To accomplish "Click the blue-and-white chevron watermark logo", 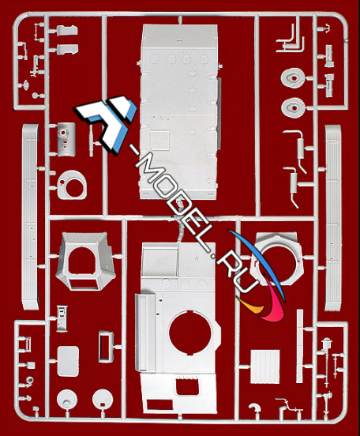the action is pos(106,122).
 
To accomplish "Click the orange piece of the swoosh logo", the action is pos(250,303).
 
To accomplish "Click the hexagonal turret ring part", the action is pos(276,259).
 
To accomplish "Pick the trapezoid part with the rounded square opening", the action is pos(85,261).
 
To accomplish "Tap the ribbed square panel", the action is pos(265,366).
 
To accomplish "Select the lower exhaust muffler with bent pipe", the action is pos(293,184).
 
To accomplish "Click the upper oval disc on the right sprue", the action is pos(292,78).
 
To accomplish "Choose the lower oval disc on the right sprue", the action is pos(292,108).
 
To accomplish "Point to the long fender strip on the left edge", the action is pos(30,217).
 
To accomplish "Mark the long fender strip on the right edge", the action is pos(333,218).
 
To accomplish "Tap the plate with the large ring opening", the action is pos(72,185).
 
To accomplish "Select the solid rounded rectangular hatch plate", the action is pos(68,362).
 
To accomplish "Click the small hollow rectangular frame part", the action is pos(106,347).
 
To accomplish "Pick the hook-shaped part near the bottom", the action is pos(255,408).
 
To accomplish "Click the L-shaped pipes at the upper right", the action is pos(291,39).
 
